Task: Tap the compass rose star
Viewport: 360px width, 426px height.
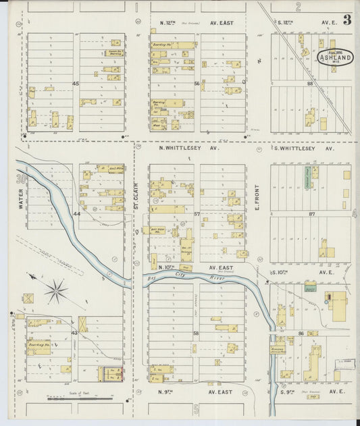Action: (x=57, y=291)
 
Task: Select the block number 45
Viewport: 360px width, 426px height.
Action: (x=76, y=84)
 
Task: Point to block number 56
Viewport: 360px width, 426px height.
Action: (x=198, y=84)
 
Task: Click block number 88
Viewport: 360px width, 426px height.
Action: (x=310, y=84)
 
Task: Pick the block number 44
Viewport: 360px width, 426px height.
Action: (x=76, y=213)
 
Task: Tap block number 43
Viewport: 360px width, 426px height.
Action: (x=75, y=333)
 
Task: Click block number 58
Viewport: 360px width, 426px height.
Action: (x=197, y=334)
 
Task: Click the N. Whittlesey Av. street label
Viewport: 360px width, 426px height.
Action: (x=189, y=147)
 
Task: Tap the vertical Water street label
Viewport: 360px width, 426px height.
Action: (x=21, y=199)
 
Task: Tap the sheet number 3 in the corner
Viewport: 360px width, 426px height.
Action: (x=346, y=20)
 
